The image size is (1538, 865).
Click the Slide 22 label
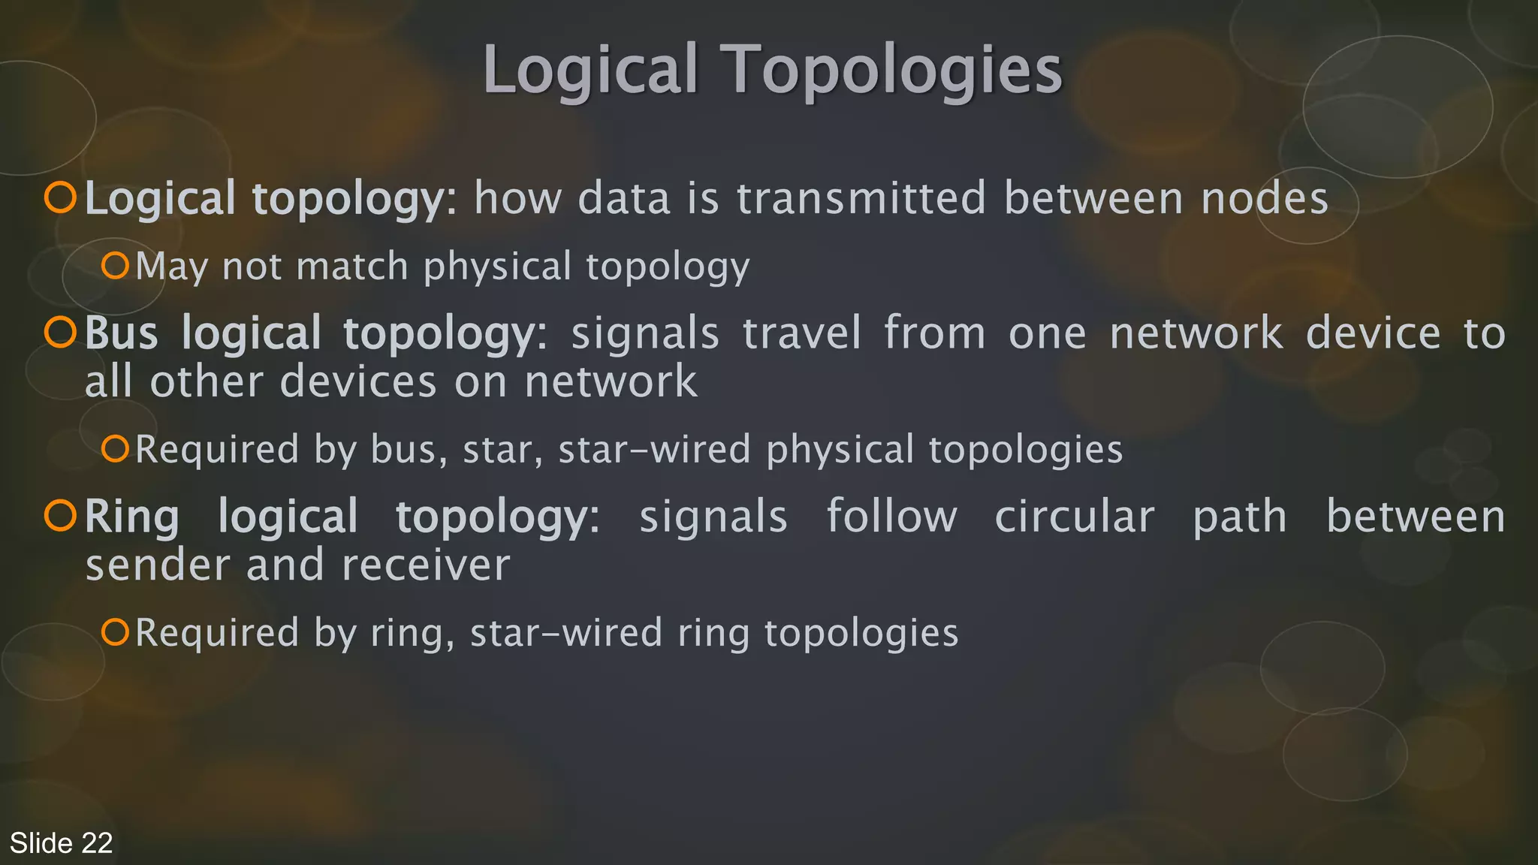[x=61, y=843]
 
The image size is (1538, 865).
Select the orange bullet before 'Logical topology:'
[x=60, y=197]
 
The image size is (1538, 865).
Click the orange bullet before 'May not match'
[x=116, y=266]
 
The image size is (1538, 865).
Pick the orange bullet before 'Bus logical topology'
[x=60, y=333]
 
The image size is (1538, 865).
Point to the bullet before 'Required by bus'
[x=116, y=449]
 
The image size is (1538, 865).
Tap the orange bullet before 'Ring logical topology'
[x=60, y=516]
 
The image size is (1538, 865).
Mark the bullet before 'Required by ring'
[x=116, y=632]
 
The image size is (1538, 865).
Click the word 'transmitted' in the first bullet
[x=861, y=198]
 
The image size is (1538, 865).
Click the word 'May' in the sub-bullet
[x=172, y=267]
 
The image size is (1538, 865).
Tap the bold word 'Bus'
[x=122, y=333]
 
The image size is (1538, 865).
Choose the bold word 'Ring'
[x=132, y=518]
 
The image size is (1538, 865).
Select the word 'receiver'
[x=426, y=565]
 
